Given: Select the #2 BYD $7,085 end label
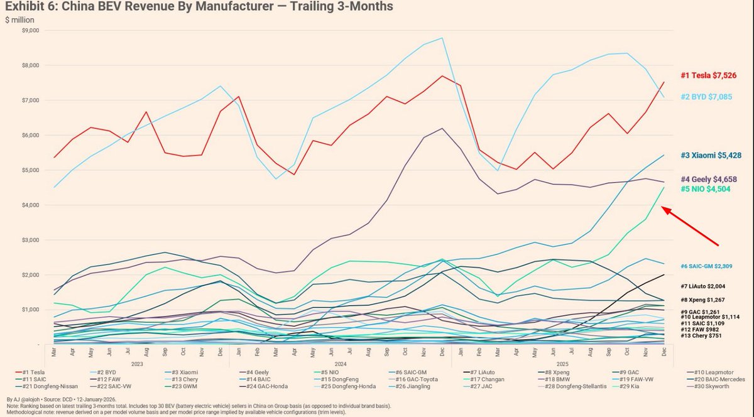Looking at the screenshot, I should [714, 97].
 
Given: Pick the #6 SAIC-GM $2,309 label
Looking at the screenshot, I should [714, 266].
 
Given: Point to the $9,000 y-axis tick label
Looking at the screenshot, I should [30, 30].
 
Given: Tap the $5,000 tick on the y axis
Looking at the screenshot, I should [30, 170].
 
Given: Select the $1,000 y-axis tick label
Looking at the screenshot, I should [30, 310].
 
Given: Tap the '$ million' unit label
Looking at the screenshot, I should [19, 19].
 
